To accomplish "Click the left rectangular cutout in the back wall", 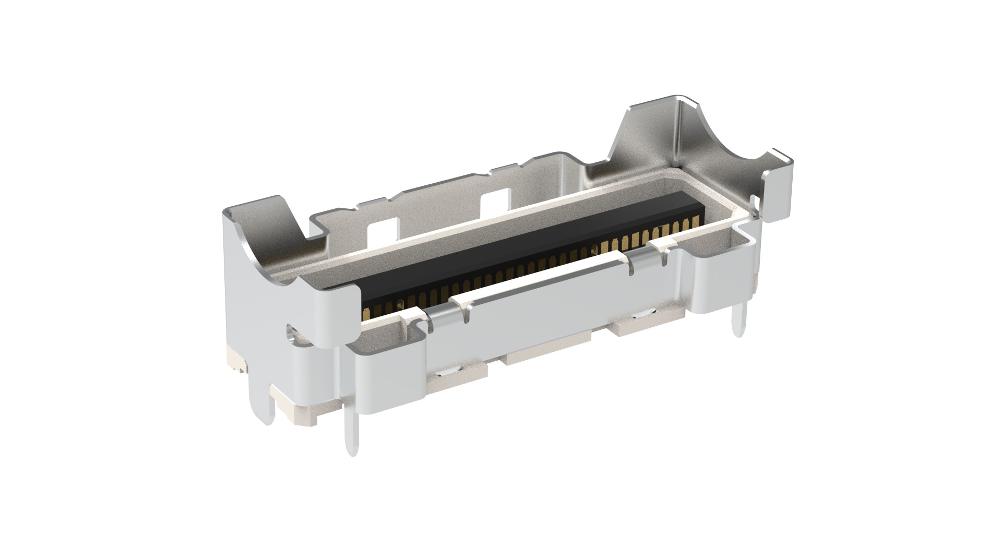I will click(384, 230).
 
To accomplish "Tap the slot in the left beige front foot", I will click(448, 374).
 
